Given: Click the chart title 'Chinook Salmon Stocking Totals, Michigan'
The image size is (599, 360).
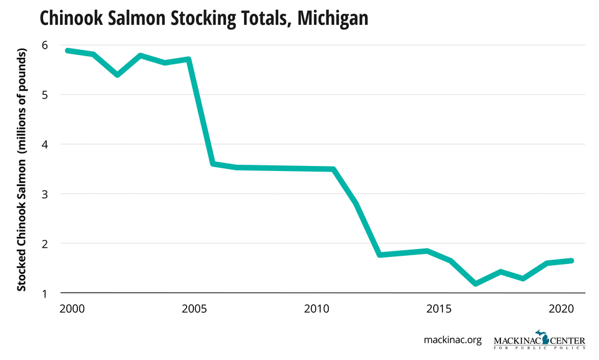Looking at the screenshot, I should click(203, 19).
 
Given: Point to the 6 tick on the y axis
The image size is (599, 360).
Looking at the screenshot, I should click(44, 45).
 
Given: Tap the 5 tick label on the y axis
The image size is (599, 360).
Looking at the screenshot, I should click(44, 95).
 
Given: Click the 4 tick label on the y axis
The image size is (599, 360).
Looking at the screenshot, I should click(44, 144).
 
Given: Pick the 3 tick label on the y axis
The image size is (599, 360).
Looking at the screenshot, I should click(44, 194).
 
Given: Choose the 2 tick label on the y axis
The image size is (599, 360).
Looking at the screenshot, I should click(44, 243).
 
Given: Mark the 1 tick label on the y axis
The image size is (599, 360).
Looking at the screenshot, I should click(44, 293).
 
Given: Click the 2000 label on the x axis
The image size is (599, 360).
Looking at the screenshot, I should click(68, 309).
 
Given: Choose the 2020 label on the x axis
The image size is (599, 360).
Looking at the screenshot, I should click(562, 309).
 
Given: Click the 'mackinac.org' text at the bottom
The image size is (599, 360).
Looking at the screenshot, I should click(452, 340).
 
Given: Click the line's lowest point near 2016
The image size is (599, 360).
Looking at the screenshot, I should click(476, 283).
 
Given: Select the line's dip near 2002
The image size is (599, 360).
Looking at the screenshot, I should click(117, 75).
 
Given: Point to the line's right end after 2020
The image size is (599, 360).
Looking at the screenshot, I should click(570, 261).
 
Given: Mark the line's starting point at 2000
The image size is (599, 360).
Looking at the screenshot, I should click(67, 51).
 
